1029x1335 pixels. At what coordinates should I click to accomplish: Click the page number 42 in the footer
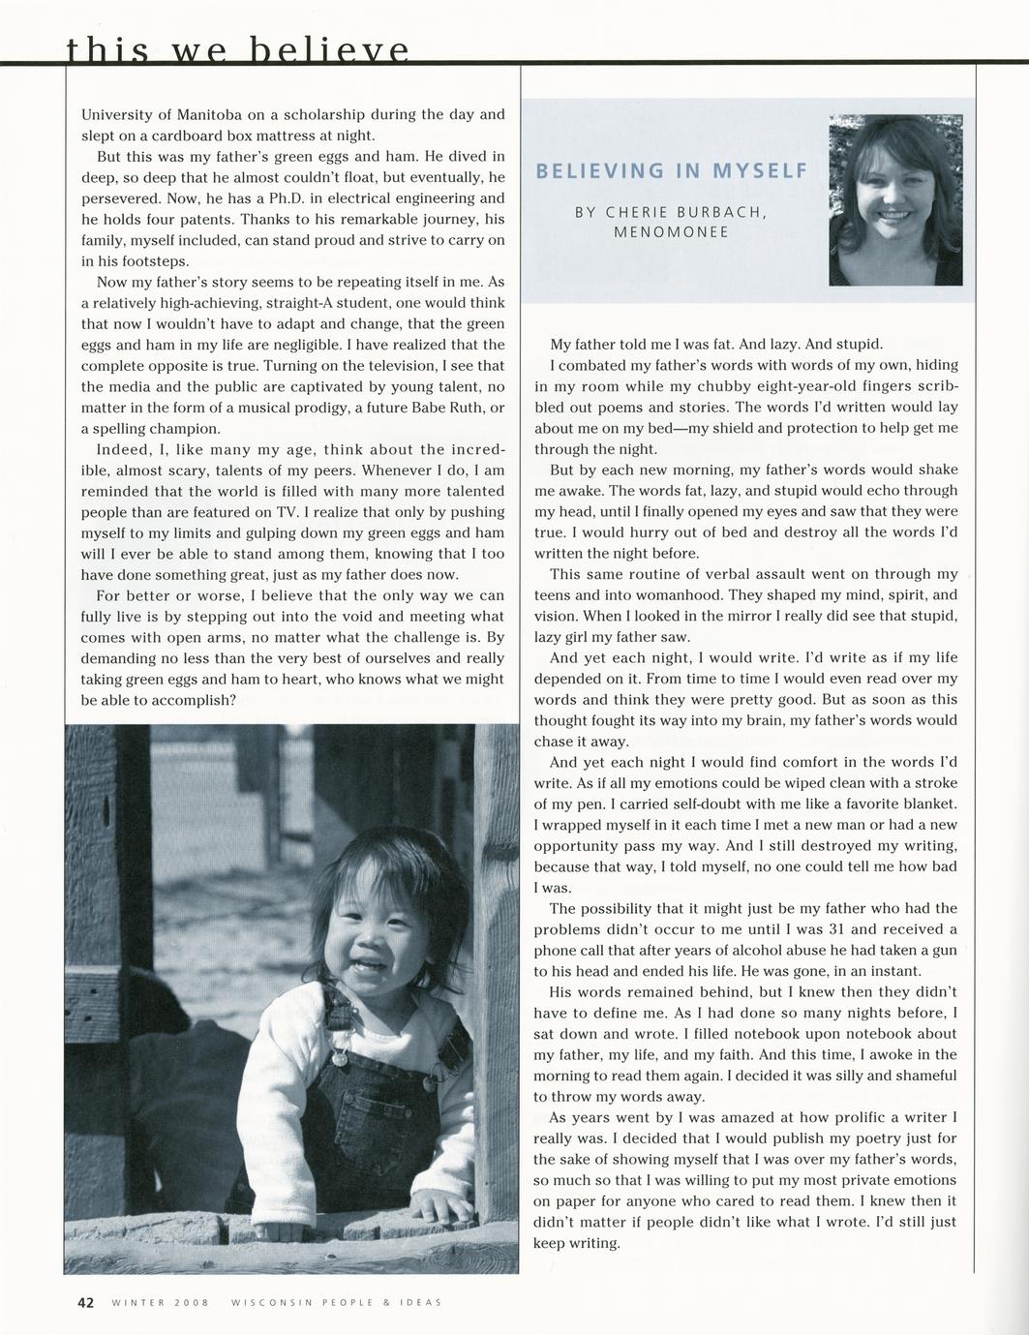point(85,1302)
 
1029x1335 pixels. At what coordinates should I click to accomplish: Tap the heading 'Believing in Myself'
point(671,171)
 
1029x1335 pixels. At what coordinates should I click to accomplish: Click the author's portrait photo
point(895,199)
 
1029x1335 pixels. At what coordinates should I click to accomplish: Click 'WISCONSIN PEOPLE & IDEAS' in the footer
point(337,1303)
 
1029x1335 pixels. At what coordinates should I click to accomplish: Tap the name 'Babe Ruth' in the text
point(446,408)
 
